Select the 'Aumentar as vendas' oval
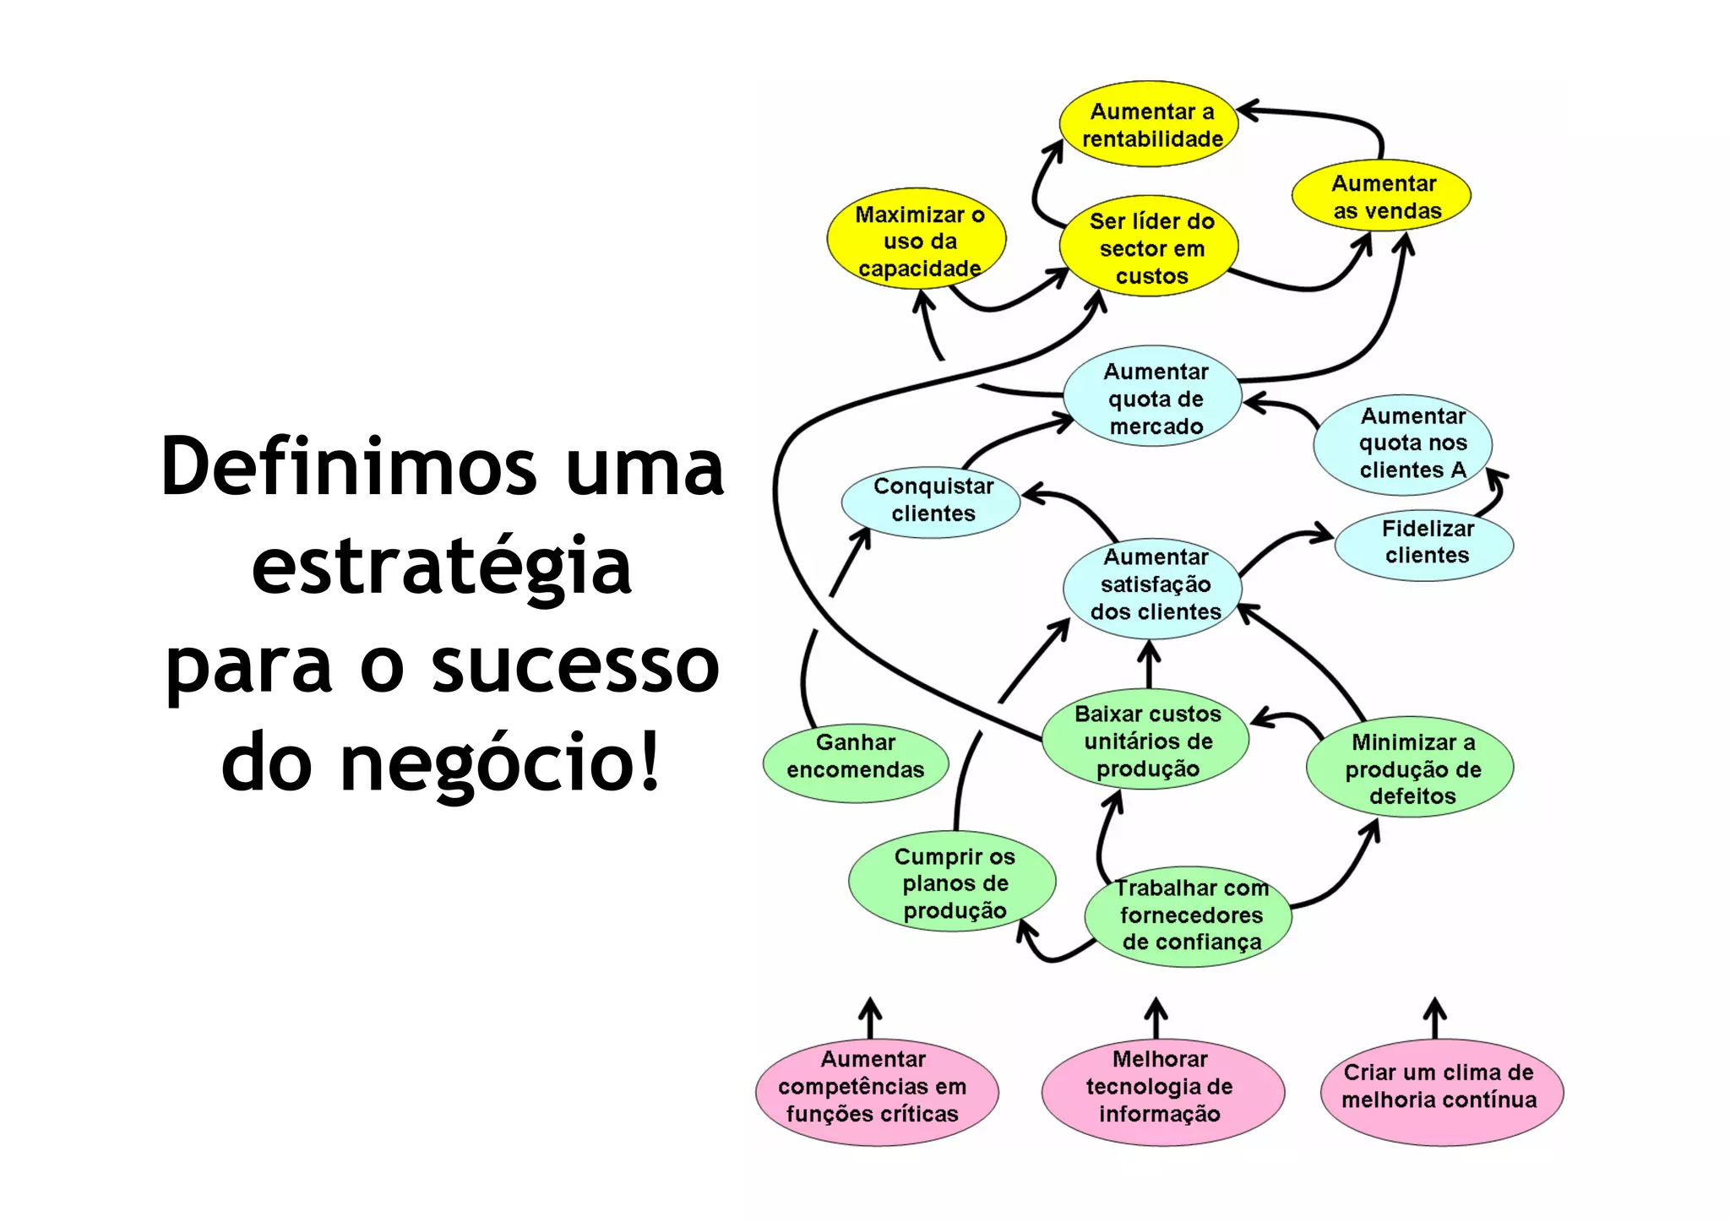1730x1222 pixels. (x=1382, y=196)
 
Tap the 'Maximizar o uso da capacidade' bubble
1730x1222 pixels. (x=917, y=241)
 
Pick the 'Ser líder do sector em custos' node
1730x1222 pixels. (x=1150, y=247)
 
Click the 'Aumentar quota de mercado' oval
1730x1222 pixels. (x=1153, y=397)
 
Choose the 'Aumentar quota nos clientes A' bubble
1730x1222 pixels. (x=1404, y=443)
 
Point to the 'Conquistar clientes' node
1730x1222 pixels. (x=931, y=501)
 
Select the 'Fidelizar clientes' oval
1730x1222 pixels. (x=1425, y=543)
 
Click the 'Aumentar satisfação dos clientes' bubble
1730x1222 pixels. (x=1153, y=585)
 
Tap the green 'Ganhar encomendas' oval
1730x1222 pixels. (x=855, y=757)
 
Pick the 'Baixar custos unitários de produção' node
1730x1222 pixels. (x=1146, y=741)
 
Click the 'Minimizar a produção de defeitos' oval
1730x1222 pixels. (x=1411, y=769)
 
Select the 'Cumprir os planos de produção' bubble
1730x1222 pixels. (x=953, y=883)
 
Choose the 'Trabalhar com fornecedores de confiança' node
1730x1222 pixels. (x=1189, y=916)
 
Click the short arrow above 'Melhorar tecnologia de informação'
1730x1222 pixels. (x=1156, y=1018)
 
